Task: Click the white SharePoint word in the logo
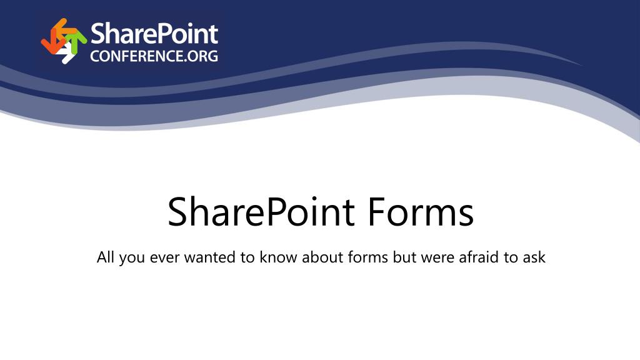(154, 34)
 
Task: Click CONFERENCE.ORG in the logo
(154, 56)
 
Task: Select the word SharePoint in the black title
(261, 212)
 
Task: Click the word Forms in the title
(421, 211)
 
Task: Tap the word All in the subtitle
(105, 257)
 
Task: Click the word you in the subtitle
(132, 259)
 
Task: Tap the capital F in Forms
(376, 211)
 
